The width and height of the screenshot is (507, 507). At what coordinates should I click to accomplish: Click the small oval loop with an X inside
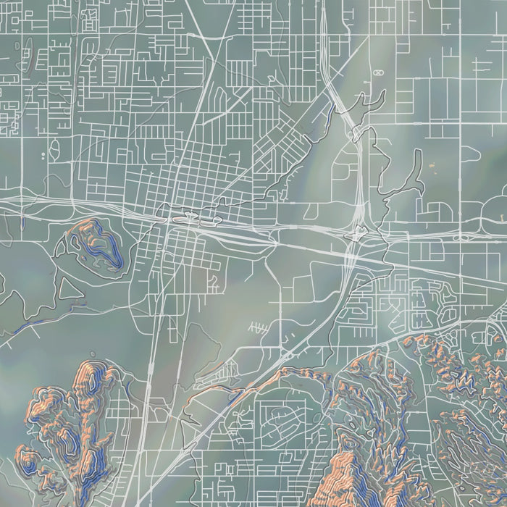[x=377, y=73]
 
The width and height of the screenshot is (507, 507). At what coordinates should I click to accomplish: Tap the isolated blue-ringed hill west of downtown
[x=94, y=243]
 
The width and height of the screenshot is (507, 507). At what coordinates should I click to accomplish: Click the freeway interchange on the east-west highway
[x=356, y=233]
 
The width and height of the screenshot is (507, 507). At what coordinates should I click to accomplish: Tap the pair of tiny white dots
[x=43, y=154]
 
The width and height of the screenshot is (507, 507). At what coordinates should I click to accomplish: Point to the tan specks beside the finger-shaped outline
[x=434, y=168]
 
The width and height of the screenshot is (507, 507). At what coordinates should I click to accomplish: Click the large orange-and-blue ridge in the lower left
[x=80, y=420]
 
